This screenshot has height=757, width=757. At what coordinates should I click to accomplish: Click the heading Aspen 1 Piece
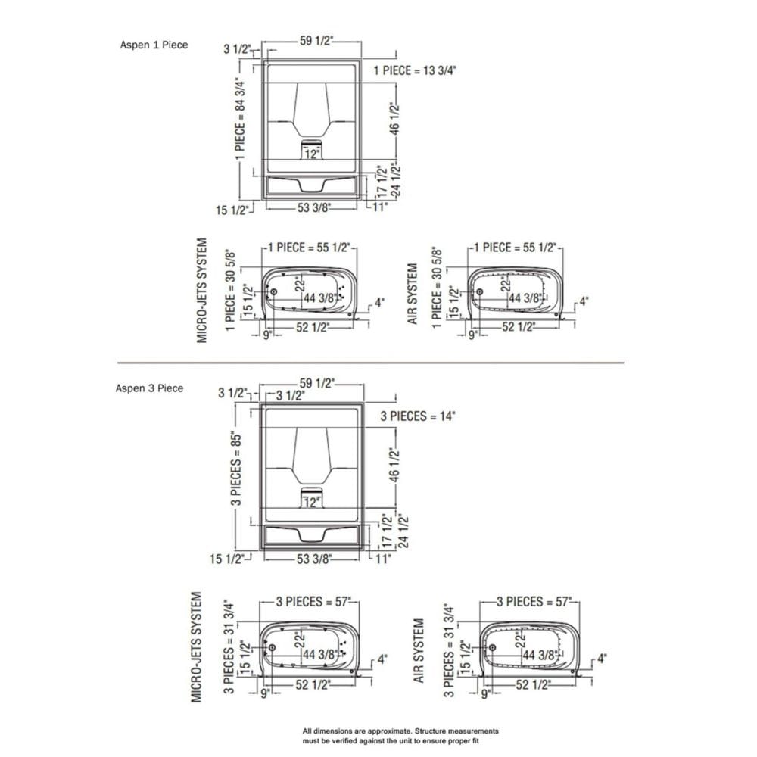[154, 45]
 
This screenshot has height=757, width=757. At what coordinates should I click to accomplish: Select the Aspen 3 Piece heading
[149, 388]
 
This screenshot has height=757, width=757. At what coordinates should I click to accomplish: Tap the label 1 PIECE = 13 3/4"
[416, 70]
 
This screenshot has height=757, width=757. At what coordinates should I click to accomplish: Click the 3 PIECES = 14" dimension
[419, 416]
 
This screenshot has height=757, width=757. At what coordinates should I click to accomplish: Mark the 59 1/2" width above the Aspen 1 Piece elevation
[316, 42]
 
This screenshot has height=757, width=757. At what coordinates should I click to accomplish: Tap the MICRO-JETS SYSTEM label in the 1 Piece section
[202, 290]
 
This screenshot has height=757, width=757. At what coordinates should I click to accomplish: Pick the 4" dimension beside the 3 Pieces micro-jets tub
[382, 659]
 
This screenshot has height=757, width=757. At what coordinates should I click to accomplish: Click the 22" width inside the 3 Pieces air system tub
[520, 640]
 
